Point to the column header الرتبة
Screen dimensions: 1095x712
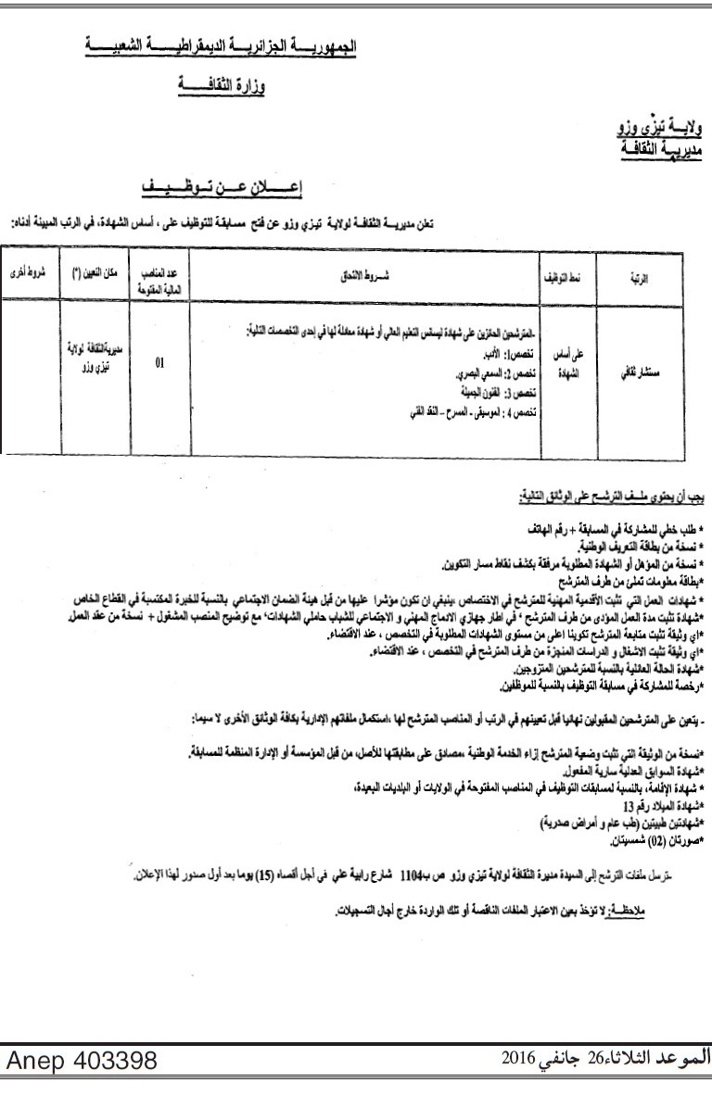646,276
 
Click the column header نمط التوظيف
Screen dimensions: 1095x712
562,276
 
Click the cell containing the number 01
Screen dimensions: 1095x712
160,363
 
